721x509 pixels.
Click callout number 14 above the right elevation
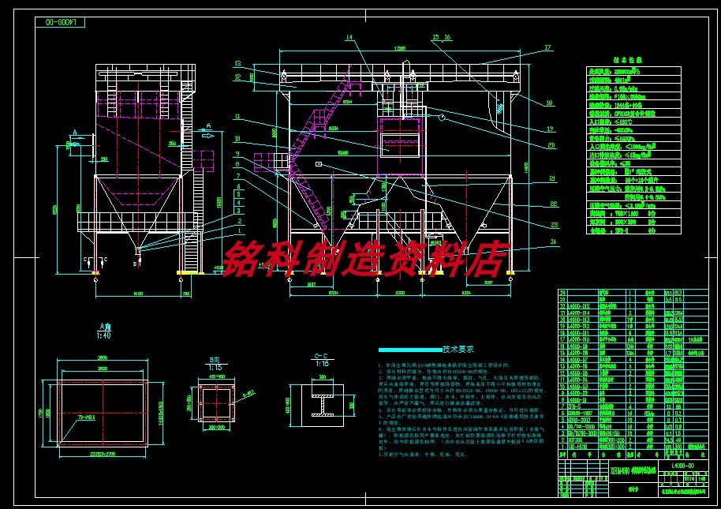click(x=349, y=37)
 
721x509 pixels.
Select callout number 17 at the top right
click(x=547, y=48)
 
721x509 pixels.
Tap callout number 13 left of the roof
click(x=237, y=63)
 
